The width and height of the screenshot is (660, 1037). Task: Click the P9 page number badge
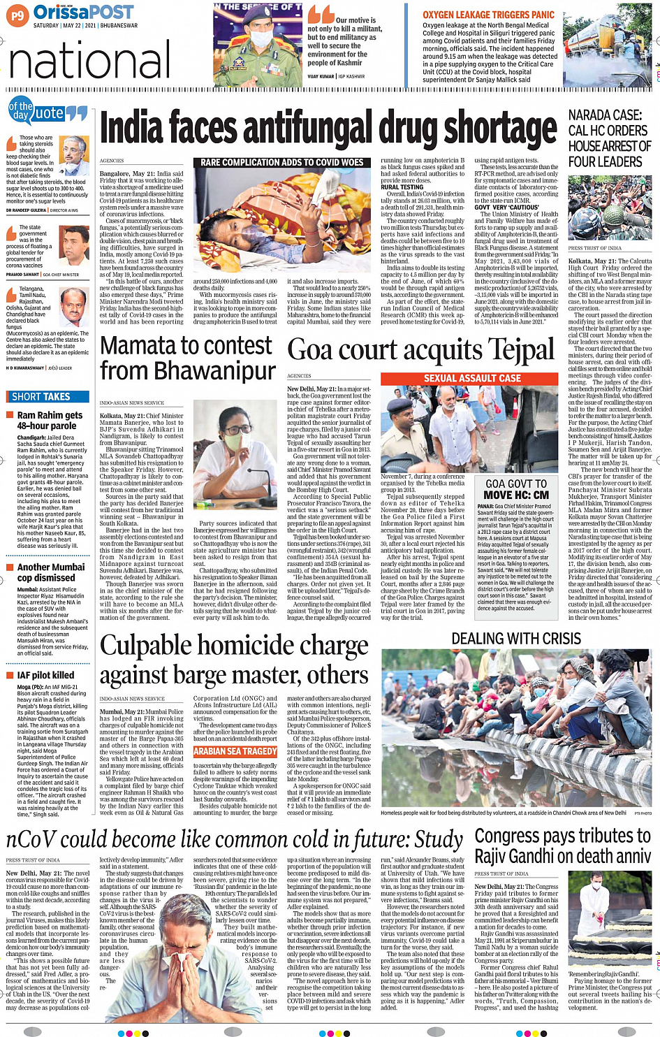pos(17,14)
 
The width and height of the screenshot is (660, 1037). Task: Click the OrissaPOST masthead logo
pos(83,12)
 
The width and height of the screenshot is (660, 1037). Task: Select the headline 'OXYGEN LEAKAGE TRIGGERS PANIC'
pos(488,15)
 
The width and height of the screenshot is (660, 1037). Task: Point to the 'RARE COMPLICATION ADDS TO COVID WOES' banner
pos(281,162)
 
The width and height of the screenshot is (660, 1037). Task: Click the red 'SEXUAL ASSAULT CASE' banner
pos(472,378)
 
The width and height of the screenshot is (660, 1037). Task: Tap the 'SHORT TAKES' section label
pos(41,396)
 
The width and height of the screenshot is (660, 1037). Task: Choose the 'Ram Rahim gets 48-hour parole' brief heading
pos(47,420)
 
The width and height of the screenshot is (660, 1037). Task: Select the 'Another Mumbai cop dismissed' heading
pos(51,572)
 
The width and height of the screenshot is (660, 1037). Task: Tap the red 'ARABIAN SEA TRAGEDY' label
pos(235,751)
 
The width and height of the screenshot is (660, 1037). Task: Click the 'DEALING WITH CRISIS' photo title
pos(516,639)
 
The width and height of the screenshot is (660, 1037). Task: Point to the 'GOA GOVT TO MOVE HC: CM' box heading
pos(516,489)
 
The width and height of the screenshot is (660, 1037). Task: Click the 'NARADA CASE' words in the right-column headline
pos(605,115)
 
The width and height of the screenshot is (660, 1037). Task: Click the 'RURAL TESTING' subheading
pos(402,187)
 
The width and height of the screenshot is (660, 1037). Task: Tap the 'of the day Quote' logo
pos(46,112)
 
